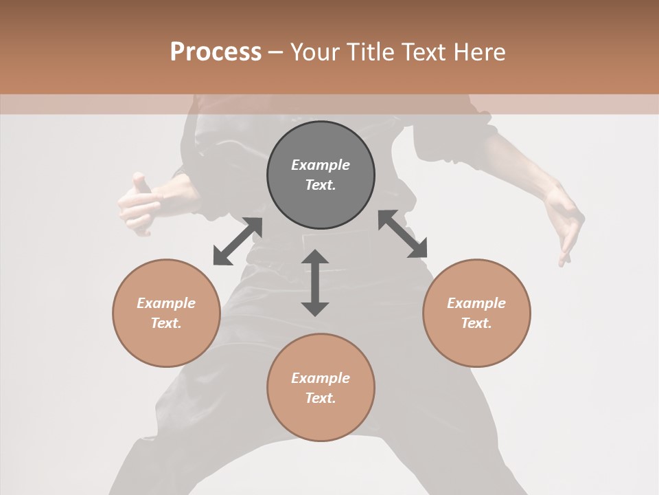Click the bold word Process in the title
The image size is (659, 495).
(216, 52)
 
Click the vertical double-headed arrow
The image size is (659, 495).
(315, 283)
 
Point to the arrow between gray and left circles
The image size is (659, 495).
(238, 241)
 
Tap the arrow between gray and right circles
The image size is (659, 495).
(402, 234)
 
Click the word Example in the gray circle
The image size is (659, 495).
(321, 165)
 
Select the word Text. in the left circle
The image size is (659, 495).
(166, 323)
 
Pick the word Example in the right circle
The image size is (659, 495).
(476, 303)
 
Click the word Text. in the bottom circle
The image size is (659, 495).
(321, 398)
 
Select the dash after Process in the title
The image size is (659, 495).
(275, 52)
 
